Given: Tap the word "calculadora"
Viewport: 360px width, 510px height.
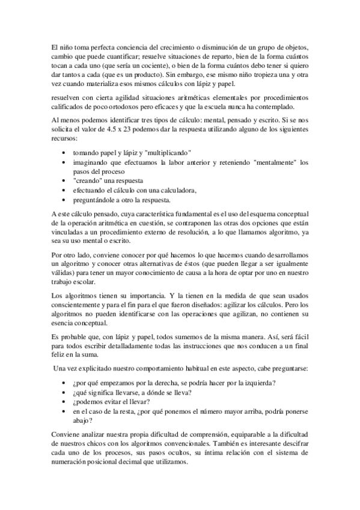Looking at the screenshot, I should tap(175, 191).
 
